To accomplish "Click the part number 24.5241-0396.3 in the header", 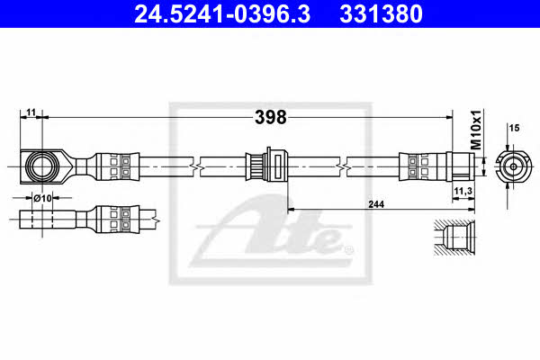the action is (x=222, y=13).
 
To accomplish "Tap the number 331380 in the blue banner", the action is (x=381, y=13).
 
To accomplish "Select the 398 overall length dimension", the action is (x=270, y=118).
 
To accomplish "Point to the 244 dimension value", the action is (x=376, y=204).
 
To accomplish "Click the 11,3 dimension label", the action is (x=463, y=191).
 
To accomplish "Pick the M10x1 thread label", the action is (x=476, y=130).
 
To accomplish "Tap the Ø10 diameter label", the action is (x=42, y=198).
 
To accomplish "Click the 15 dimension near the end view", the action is (x=514, y=128).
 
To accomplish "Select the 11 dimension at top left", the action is (x=31, y=112).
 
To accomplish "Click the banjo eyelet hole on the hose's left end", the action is (x=42, y=166).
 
